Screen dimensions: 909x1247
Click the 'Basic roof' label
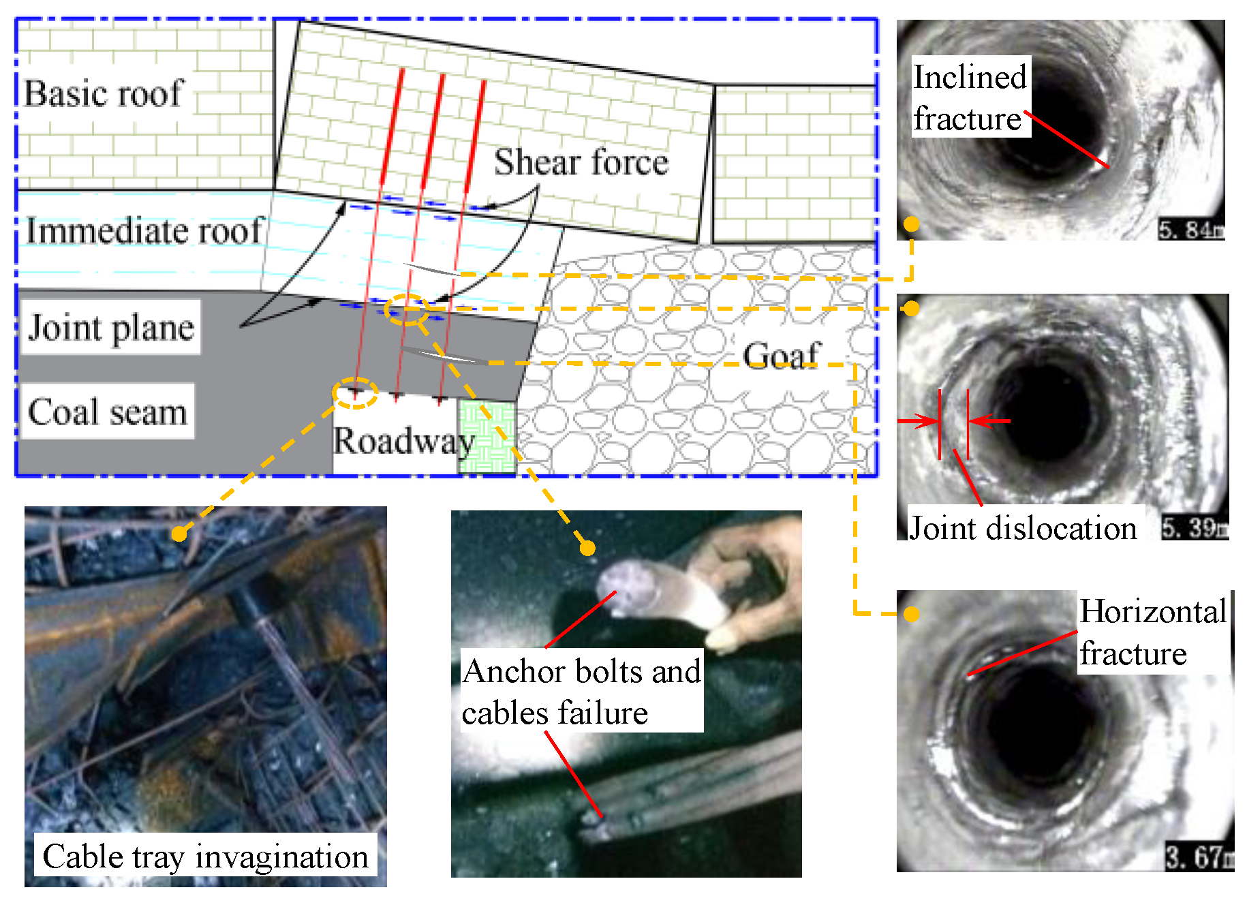coord(104,93)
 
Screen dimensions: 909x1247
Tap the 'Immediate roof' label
coord(144,231)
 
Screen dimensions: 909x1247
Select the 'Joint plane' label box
coord(111,328)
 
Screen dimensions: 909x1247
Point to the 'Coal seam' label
coord(108,412)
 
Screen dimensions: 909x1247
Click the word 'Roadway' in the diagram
coord(403,441)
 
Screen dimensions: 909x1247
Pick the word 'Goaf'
coord(781,355)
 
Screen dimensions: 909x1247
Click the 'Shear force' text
coord(581,162)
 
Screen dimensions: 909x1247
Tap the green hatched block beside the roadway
coord(487,437)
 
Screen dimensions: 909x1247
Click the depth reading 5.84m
coord(1191,230)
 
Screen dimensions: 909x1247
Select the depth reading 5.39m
coord(1195,528)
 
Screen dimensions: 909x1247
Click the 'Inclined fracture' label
coord(970,97)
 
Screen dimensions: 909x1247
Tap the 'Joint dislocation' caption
coord(1023,528)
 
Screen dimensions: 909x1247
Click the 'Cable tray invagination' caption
coord(205,857)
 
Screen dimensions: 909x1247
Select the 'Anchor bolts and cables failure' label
coord(581,691)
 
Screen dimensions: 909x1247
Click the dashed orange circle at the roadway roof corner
coord(355,393)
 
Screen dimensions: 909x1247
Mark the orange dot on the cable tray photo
coord(179,534)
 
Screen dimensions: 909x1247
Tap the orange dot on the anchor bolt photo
coord(587,548)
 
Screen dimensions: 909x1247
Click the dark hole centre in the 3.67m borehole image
coord(1036,729)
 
